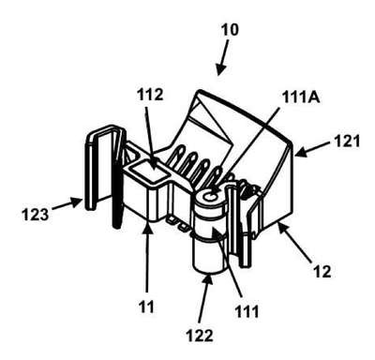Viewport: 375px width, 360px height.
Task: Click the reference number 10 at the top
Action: point(230,30)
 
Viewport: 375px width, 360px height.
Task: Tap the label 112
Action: point(150,95)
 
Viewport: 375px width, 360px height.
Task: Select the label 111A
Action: point(301,97)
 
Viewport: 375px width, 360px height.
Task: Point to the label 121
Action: point(347,142)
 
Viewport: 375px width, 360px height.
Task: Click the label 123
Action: point(35,215)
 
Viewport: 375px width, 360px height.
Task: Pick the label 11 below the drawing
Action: point(146,307)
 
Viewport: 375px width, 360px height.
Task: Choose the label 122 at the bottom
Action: point(200,336)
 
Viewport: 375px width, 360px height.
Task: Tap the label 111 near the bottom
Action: point(247,311)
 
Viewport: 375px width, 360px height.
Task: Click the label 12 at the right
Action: point(322,272)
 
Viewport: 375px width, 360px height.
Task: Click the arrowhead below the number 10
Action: point(220,70)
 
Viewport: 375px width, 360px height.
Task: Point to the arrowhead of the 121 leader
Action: point(300,153)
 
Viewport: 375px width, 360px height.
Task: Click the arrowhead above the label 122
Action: point(207,278)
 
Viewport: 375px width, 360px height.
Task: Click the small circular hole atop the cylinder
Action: point(209,197)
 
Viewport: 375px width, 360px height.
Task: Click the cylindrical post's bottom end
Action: point(209,268)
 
